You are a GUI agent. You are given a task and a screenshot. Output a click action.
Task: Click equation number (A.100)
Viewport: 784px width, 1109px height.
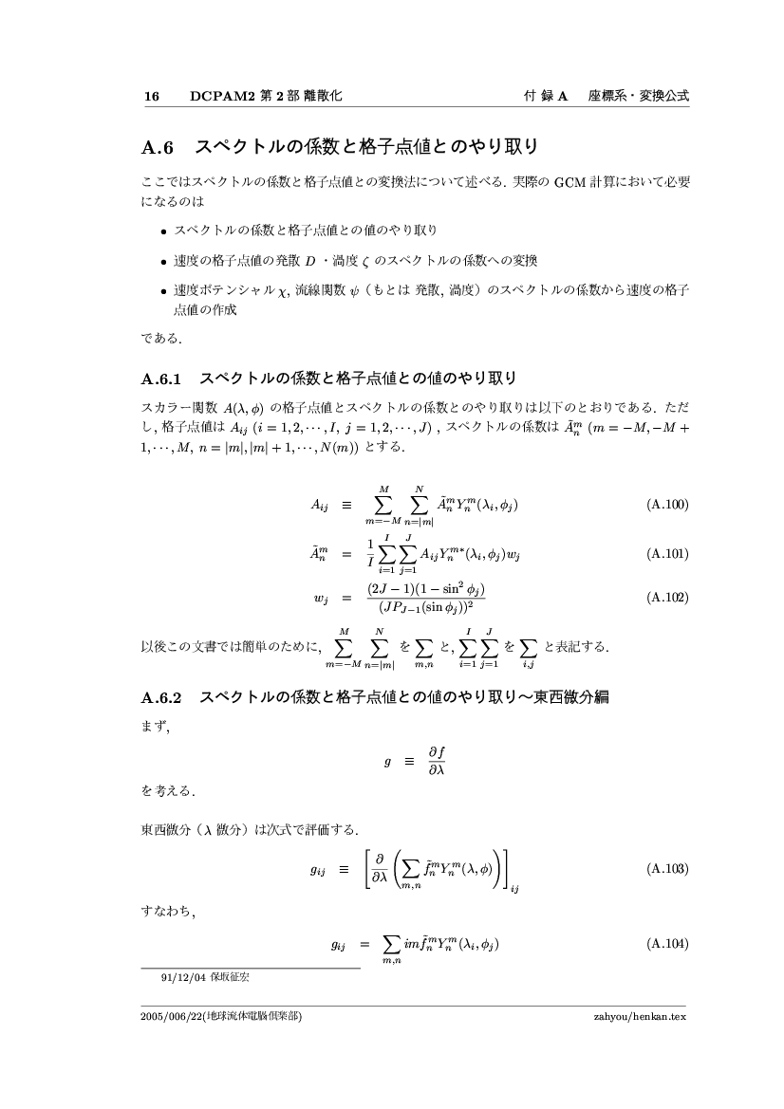pyautogui.click(x=666, y=505)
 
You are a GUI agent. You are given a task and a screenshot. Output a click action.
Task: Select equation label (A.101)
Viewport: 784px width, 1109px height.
pyautogui.click(x=666, y=553)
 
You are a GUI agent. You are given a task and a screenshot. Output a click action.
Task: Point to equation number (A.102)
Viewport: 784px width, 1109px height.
pyautogui.click(x=666, y=597)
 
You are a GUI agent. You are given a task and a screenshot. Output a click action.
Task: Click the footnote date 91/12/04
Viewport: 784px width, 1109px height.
pyautogui.click(x=184, y=975)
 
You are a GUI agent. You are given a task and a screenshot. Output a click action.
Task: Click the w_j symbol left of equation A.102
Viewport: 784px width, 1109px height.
pyautogui.click(x=319, y=598)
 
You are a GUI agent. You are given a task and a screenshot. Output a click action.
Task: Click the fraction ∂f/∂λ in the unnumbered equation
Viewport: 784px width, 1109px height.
pyautogui.click(x=437, y=761)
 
